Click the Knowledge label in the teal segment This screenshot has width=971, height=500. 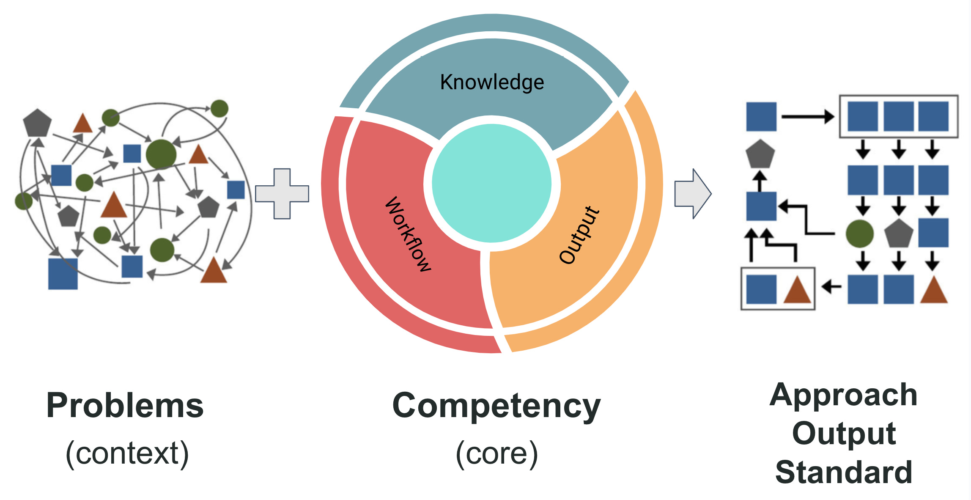click(x=492, y=82)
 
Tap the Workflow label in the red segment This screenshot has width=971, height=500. click(x=408, y=234)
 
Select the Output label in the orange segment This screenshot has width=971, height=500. click(x=579, y=235)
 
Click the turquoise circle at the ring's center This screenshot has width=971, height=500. click(x=491, y=183)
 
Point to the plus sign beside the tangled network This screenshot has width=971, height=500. click(x=282, y=194)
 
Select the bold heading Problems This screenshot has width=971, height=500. click(x=125, y=405)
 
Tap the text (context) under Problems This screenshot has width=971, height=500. click(x=127, y=453)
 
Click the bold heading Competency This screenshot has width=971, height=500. click(x=496, y=405)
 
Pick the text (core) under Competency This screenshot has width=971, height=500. click(x=496, y=453)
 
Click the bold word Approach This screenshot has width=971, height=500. click(x=843, y=395)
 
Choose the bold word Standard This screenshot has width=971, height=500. click(x=844, y=472)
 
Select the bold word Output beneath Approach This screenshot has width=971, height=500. click(x=844, y=433)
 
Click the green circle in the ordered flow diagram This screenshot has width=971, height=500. click(x=860, y=234)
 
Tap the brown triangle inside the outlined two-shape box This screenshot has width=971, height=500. click(x=797, y=291)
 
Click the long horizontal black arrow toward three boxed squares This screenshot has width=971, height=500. click(x=807, y=116)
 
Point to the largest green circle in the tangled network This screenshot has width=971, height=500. click(x=161, y=154)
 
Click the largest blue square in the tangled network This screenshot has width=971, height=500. click(x=63, y=274)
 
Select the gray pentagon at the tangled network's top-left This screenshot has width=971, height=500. click(x=37, y=123)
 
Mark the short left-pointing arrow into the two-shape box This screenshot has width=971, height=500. click(x=831, y=287)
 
